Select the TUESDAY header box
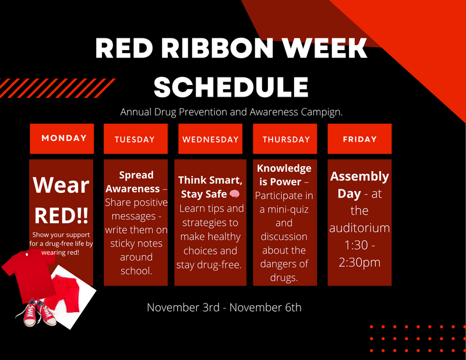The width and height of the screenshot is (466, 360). (x=135, y=139)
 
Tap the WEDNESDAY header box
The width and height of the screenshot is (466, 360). (x=210, y=139)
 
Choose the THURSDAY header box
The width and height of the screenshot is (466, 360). (x=286, y=139)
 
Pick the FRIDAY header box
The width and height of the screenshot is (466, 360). (x=359, y=139)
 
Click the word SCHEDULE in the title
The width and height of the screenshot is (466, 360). (x=231, y=86)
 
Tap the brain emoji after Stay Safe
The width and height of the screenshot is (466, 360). (x=234, y=194)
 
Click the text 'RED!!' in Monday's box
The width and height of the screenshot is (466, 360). (x=61, y=214)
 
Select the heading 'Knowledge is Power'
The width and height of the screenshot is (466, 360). (x=284, y=175)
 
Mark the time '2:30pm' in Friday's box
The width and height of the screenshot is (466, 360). (x=359, y=262)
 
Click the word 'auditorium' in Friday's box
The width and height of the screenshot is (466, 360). (x=359, y=227)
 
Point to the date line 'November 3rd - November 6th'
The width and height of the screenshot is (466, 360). (x=224, y=306)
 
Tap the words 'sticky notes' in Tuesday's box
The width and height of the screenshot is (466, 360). (x=136, y=243)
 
